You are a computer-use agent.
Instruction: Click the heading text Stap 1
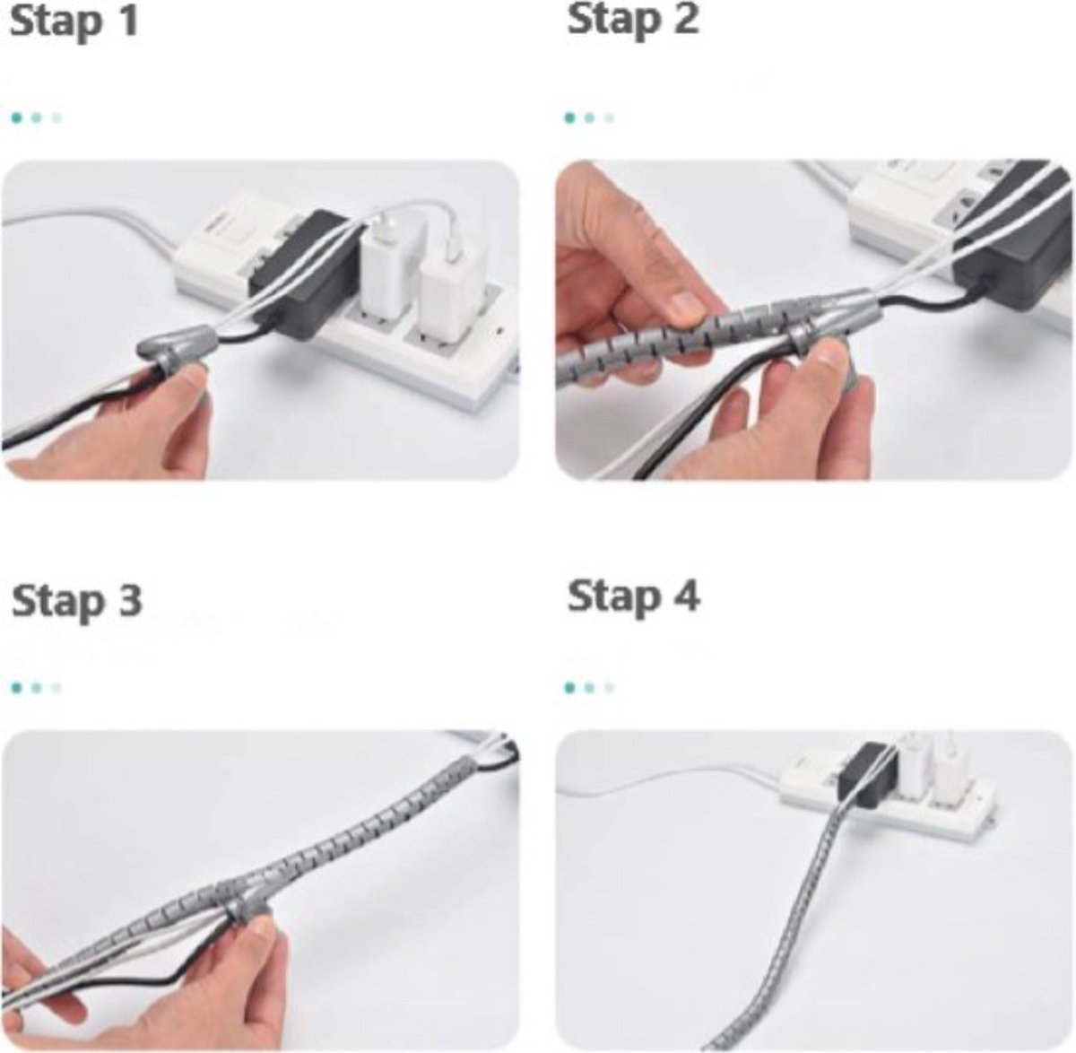(74, 22)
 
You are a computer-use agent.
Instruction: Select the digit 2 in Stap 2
(684, 20)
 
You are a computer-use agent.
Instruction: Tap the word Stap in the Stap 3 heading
(55, 601)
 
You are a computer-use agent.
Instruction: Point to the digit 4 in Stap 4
(685, 596)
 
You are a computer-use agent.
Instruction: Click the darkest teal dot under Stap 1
(16, 117)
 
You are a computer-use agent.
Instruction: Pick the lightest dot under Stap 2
(610, 117)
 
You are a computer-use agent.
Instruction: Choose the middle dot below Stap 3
(36, 689)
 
